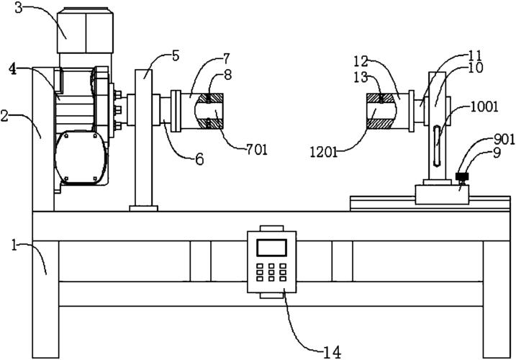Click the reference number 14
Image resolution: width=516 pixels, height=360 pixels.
point(332,352)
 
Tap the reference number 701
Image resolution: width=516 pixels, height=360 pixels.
point(257,150)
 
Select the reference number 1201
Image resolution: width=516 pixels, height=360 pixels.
point(324,152)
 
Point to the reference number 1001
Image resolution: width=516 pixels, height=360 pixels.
point(484,107)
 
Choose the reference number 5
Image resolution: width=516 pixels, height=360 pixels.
point(176,56)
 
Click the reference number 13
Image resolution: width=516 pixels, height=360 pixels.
point(361,78)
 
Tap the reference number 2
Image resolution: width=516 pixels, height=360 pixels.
point(4,117)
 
